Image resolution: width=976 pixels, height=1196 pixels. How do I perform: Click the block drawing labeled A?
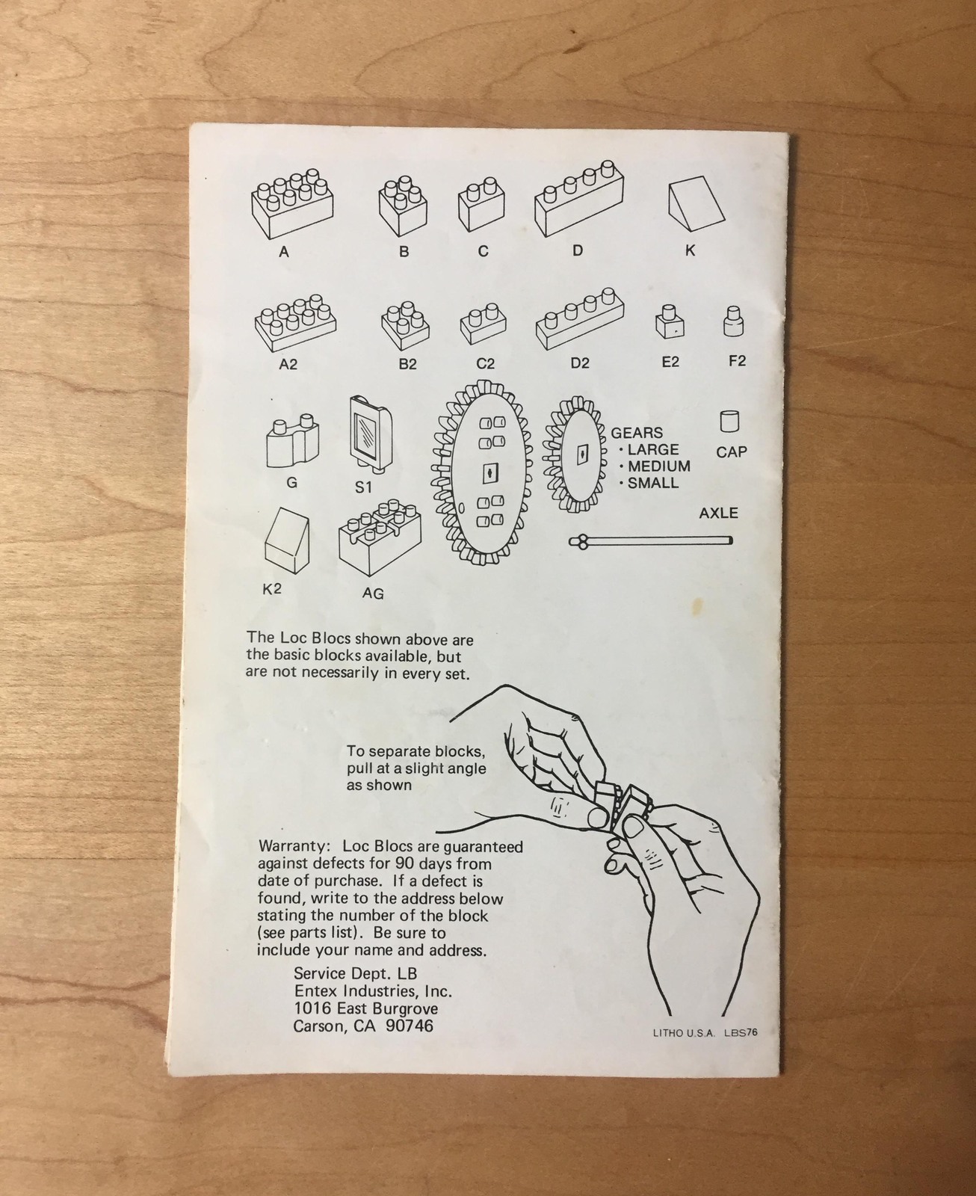[292, 203]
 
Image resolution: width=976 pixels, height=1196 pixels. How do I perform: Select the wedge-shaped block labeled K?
[697, 203]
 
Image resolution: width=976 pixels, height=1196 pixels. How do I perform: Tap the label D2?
[580, 363]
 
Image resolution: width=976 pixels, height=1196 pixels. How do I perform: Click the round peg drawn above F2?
[734, 321]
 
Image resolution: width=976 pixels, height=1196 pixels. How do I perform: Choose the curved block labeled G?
[292, 440]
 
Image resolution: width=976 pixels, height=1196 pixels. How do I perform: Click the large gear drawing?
[483, 472]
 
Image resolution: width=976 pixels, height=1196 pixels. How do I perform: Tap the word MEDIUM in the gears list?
[659, 466]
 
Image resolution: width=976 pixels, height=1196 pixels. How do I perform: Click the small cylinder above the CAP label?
[729, 422]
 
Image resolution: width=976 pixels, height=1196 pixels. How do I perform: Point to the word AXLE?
[718, 514]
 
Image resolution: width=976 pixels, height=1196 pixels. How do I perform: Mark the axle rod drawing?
[650, 541]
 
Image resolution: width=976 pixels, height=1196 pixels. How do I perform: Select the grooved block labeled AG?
[380, 537]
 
